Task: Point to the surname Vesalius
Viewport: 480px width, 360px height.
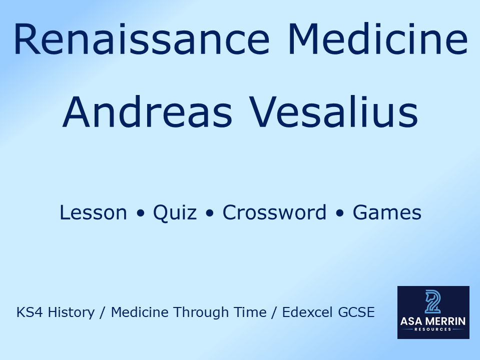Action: pyautogui.click(x=334, y=112)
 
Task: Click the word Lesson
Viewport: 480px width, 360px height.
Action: pyautogui.click(x=93, y=213)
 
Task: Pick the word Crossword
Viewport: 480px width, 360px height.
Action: pyautogui.click(x=274, y=213)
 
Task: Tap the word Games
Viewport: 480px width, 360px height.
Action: pyautogui.click(x=387, y=213)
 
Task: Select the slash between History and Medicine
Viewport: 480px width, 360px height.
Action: pyautogui.click(x=103, y=313)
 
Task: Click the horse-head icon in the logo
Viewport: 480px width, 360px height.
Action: pyautogui.click(x=433, y=301)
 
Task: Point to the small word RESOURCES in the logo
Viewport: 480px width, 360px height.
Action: pyautogui.click(x=433, y=329)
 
